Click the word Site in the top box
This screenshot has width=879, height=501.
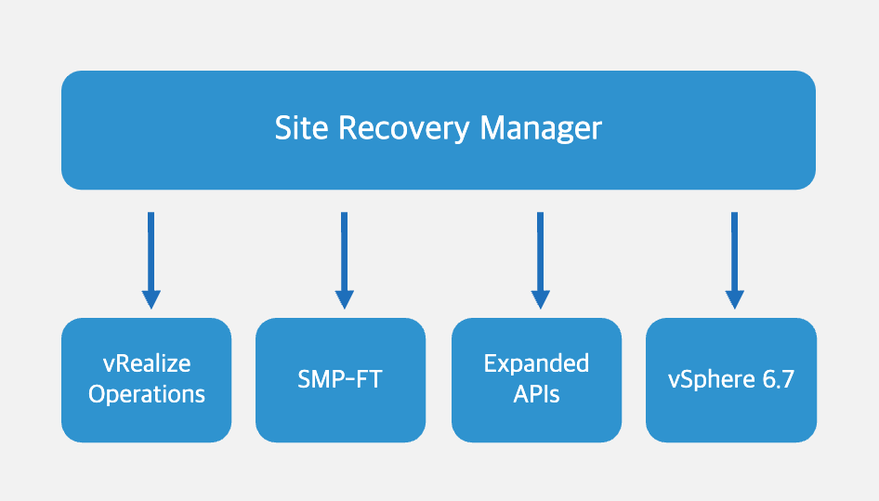point(301,128)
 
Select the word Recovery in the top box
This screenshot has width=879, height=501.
point(403,129)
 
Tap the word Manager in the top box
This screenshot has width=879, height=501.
point(541,129)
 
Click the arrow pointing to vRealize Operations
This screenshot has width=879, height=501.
point(151,260)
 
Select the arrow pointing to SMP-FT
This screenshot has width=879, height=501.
point(344,260)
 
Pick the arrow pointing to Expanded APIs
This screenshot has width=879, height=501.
point(541,260)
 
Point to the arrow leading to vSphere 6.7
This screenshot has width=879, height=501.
point(734,260)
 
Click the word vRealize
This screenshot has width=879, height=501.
point(147,363)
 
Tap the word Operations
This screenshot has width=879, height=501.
point(147,394)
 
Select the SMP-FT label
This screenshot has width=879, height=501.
point(340,379)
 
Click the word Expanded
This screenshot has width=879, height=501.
point(536,364)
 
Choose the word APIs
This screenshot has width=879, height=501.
point(536,394)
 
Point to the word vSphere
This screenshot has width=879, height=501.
point(711,380)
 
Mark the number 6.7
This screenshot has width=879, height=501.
point(778,380)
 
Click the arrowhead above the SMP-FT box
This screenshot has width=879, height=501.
point(344,299)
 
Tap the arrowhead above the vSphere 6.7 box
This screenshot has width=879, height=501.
point(734,299)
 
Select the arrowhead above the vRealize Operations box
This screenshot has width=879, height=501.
point(151,299)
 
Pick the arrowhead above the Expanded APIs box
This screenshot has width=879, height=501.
point(541,299)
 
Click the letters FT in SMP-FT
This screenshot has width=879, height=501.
point(369,379)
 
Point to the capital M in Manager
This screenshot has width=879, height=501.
point(492,128)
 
